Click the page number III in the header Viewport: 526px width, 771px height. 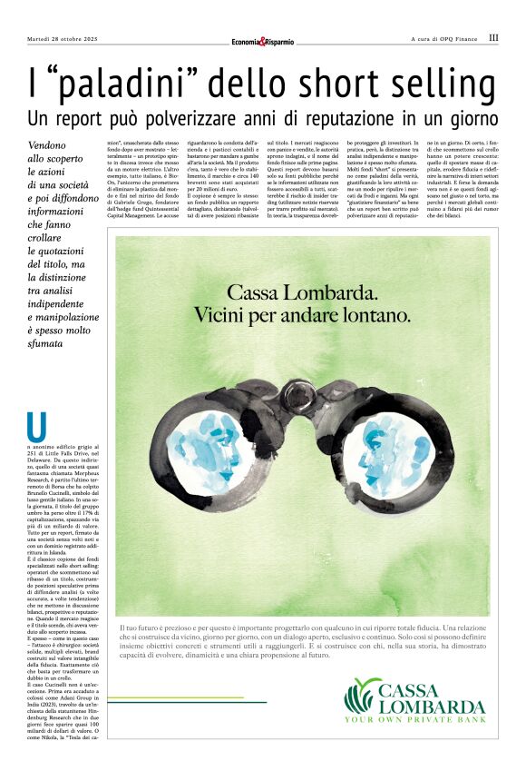click(493, 38)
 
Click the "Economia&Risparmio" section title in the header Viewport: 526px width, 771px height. click(262, 41)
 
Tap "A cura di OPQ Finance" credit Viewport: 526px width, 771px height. click(444, 39)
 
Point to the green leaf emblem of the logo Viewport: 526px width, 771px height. click(361, 696)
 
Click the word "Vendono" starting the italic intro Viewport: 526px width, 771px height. click(46, 145)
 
